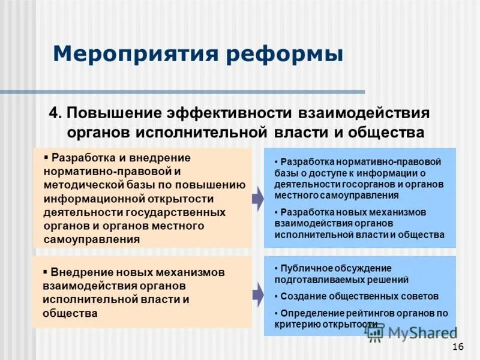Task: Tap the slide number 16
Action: pos(458,347)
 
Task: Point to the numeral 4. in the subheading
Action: pos(55,113)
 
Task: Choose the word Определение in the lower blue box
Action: pos(312,313)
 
